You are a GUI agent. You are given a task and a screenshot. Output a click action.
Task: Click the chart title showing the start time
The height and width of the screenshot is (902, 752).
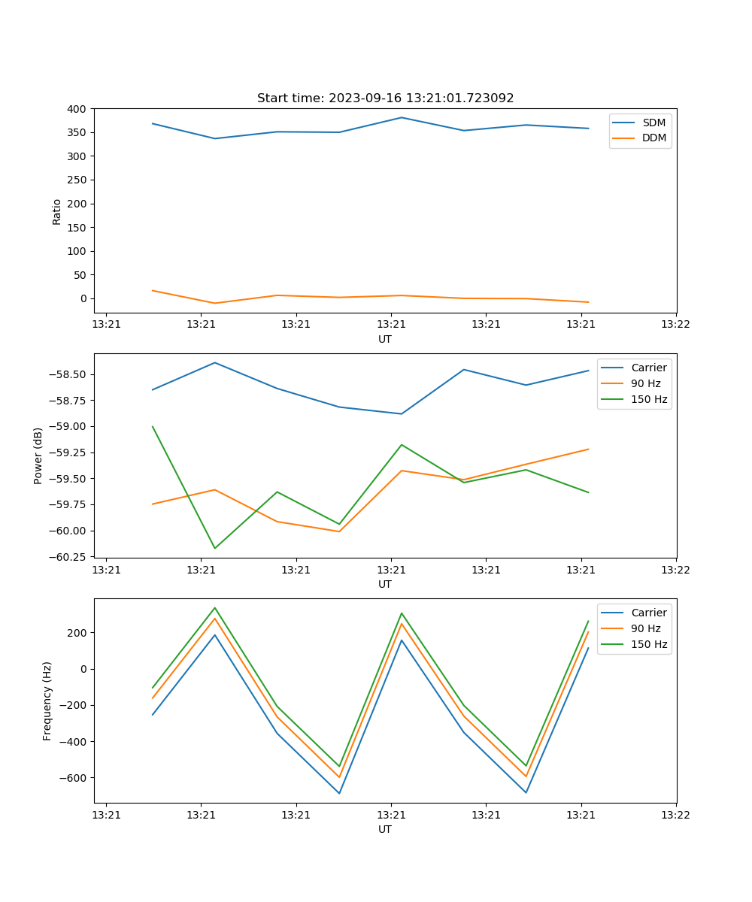click(x=385, y=98)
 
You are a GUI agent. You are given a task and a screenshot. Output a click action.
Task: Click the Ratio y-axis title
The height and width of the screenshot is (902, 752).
click(x=57, y=211)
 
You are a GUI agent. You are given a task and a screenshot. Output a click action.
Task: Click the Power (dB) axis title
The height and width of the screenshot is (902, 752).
click(x=38, y=456)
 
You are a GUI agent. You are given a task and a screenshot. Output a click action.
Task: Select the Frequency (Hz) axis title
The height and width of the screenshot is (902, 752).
click(x=47, y=701)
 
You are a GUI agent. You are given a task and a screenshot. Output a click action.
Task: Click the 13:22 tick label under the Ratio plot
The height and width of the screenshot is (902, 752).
click(x=675, y=324)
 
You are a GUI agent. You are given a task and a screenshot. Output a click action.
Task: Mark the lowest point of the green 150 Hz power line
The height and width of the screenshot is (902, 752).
click(x=215, y=548)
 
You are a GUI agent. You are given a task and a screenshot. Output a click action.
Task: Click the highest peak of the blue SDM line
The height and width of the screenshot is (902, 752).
click(x=402, y=117)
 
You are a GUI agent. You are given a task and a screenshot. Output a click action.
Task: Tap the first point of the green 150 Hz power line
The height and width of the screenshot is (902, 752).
click(x=153, y=426)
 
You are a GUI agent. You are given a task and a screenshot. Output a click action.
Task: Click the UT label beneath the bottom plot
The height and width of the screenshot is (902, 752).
click(x=385, y=829)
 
